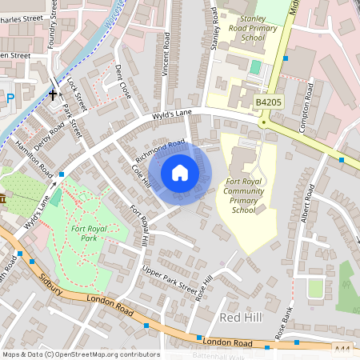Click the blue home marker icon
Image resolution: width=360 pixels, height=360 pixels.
[180, 172]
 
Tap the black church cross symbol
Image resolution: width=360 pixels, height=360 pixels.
[53, 94]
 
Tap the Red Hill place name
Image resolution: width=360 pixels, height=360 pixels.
[239, 318]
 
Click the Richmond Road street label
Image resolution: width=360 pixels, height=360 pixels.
[160, 149]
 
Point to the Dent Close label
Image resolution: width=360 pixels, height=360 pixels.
[123, 81]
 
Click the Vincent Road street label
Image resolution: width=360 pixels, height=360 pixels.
[166, 54]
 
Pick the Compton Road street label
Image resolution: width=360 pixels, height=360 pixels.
[305, 98]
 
